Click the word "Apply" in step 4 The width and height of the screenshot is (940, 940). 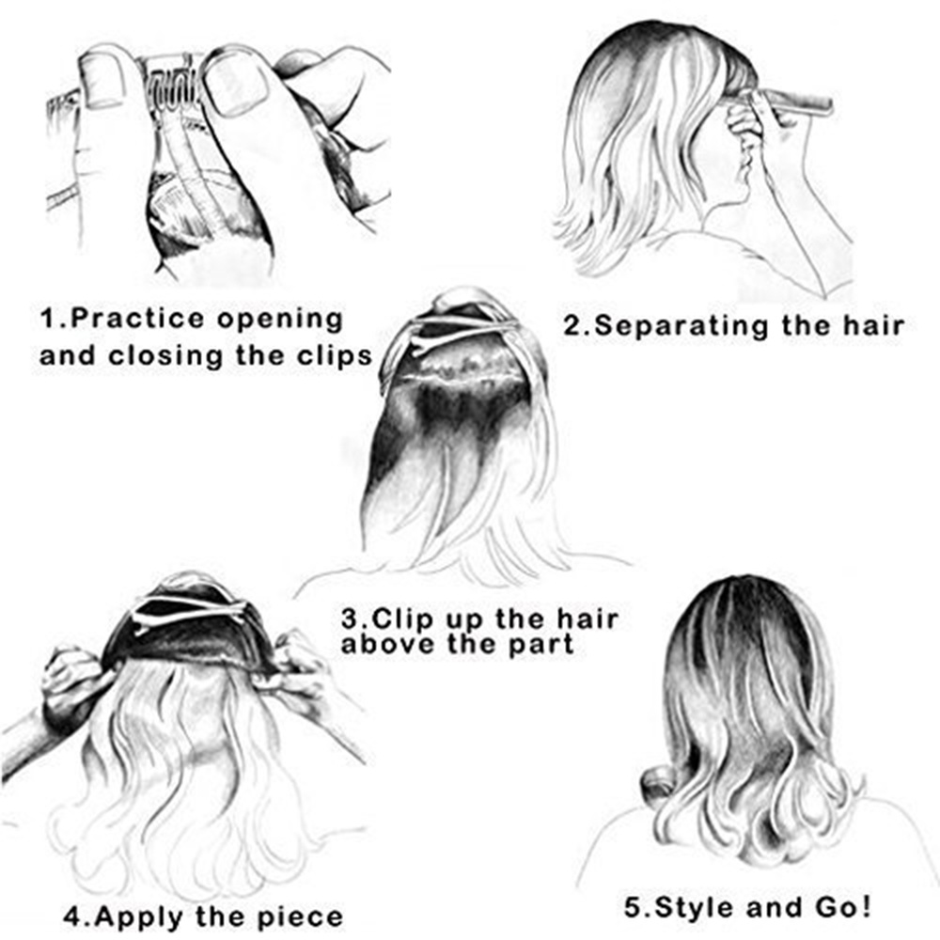point(144,916)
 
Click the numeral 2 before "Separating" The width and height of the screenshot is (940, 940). point(572,326)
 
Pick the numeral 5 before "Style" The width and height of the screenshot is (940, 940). point(633,908)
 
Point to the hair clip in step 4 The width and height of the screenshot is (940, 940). point(188,612)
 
